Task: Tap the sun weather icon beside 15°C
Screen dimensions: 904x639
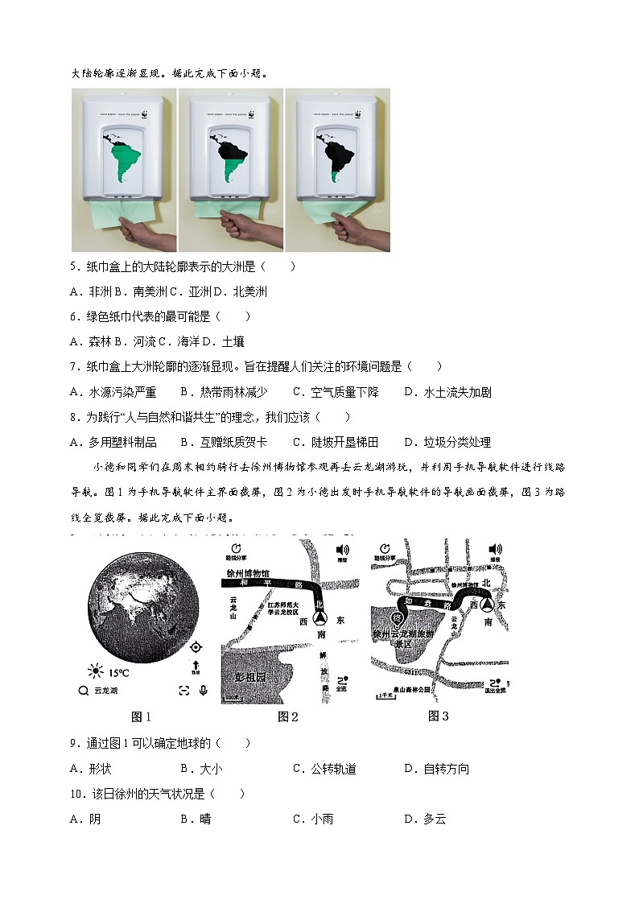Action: (x=97, y=671)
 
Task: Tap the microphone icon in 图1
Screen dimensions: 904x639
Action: (x=203, y=691)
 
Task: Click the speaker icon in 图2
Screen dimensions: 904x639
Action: (x=342, y=549)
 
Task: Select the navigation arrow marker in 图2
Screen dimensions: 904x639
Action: (x=320, y=618)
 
